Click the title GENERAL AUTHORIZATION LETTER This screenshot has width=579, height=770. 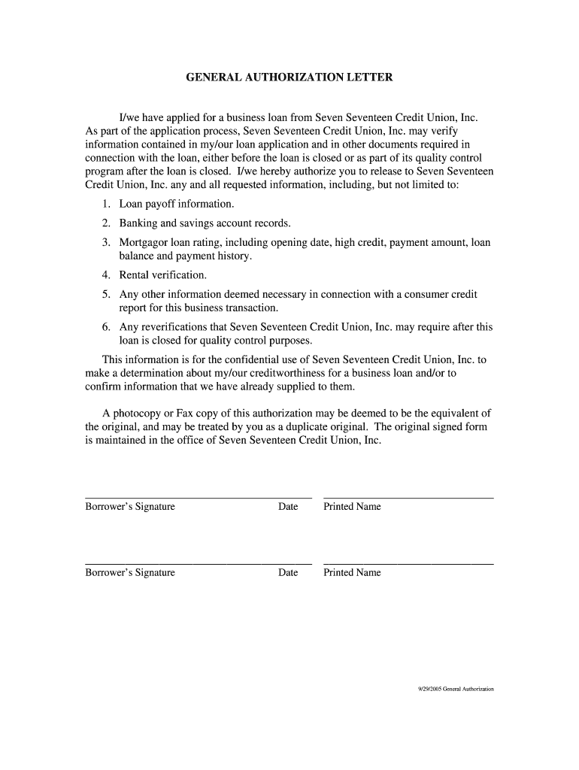point(289,77)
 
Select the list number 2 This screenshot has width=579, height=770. point(106,223)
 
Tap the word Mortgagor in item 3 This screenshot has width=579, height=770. point(144,243)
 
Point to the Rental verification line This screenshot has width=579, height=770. point(162,275)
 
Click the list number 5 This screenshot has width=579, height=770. point(106,295)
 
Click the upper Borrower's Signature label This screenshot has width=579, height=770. point(130,507)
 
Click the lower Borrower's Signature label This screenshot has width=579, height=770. point(130,573)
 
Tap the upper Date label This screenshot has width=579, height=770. point(288,507)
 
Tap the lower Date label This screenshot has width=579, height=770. point(288,573)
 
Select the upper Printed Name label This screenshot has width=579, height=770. point(352,507)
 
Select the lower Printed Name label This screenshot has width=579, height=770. point(352,573)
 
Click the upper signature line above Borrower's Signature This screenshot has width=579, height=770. point(199,498)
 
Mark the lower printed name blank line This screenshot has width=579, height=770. point(408,564)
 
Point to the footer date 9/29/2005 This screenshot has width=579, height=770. point(430,689)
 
